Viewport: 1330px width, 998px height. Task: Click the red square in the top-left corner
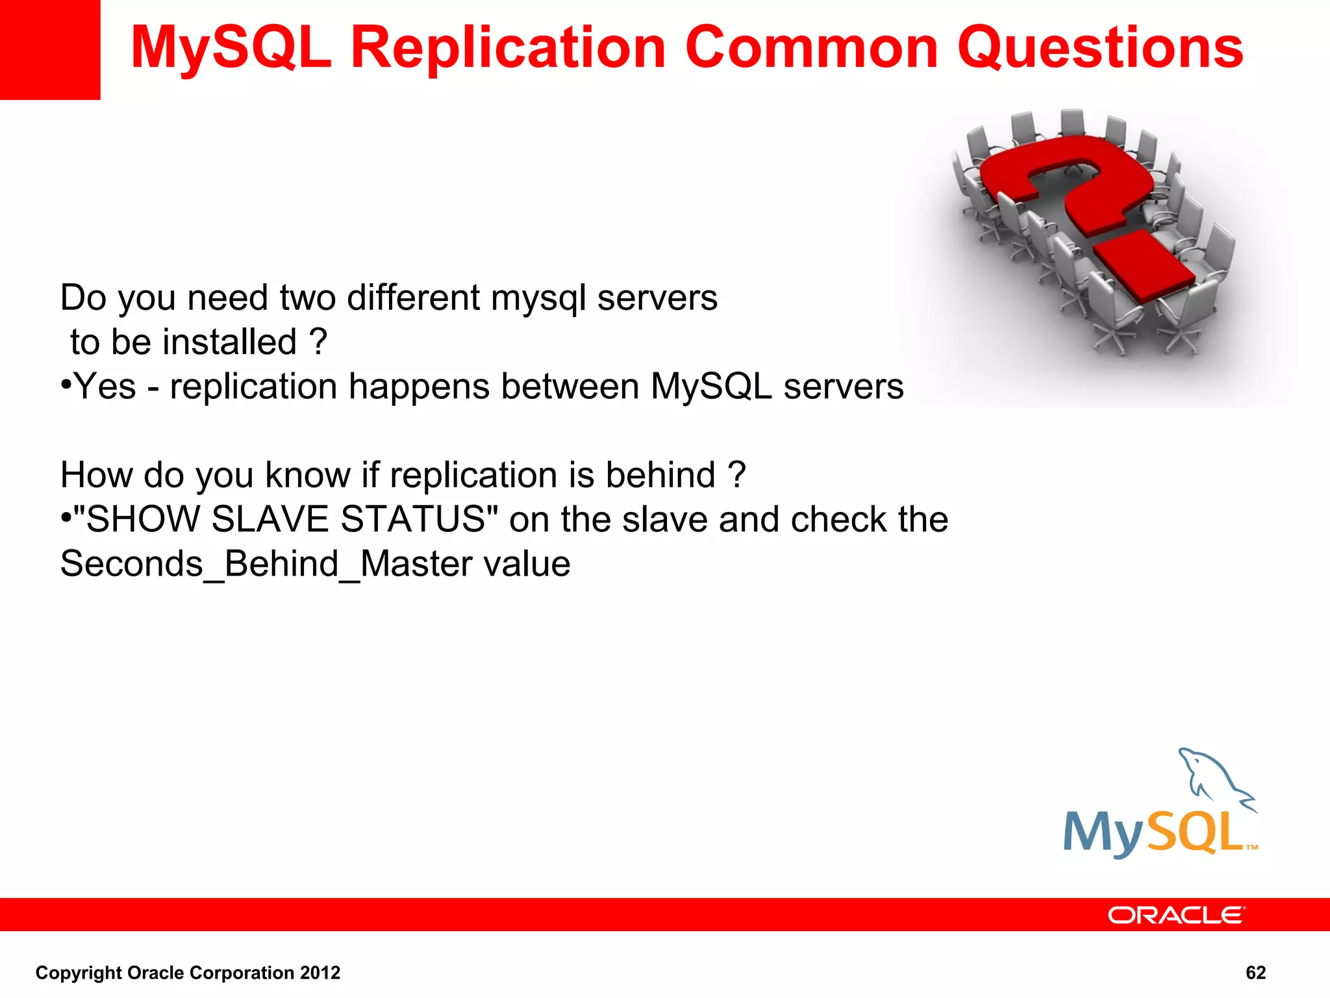click(x=49, y=49)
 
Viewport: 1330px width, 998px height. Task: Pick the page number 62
click(x=1255, y=973)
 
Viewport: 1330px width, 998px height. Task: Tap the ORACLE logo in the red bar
click(x=1176, y=915)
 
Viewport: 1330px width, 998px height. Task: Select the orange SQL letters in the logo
click(x=1195, y=833)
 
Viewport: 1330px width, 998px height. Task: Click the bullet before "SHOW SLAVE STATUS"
click(x=66, y=518)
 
